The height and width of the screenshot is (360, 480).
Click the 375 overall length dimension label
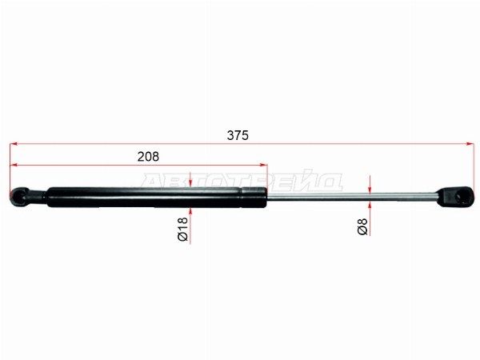point(238,135)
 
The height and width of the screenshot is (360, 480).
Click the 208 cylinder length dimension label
point(148,157)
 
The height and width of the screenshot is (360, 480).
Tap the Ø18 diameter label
point(182,229)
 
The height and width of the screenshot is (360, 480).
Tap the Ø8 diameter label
point(362,226)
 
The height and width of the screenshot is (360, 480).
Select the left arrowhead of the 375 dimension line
point(13,143)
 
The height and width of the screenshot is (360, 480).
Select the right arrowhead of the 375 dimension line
point(470,143)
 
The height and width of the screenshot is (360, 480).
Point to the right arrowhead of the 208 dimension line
point(264,165)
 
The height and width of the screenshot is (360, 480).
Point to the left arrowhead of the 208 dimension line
point(13,165)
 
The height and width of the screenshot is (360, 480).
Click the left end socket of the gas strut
point(18,197)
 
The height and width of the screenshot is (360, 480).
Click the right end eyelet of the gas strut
point(457,197)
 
